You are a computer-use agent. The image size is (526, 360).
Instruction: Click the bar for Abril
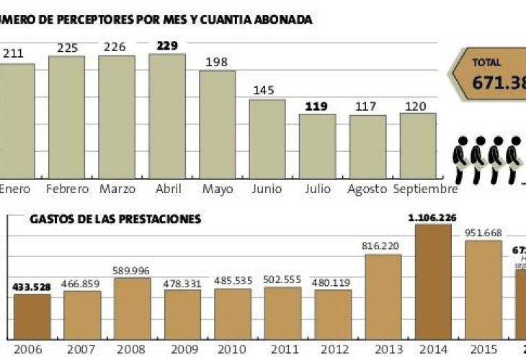[166, 116]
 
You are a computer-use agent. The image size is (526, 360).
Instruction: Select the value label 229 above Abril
[166, 46]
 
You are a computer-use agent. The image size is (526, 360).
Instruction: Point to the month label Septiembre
[426, 189]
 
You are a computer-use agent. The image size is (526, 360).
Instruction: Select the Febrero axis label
[66, 189]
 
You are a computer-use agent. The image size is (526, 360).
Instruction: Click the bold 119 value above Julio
[316, 106]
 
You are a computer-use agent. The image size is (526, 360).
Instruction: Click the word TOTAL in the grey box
[486, 63]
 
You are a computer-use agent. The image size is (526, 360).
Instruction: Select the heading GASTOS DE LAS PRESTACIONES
[115, 219]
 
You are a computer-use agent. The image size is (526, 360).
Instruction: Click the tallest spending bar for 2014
[433, 281]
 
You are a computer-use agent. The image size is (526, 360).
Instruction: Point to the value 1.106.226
[433, 217]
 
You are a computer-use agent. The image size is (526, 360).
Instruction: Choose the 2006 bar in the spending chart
[32, 316]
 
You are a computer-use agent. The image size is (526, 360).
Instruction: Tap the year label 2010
[233, 349]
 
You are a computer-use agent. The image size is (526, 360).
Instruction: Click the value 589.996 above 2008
[133, 271]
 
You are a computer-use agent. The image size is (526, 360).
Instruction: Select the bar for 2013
[383, 296]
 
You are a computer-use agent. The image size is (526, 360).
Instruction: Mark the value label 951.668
[483, 233]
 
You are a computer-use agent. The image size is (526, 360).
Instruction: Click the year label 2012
[332, 349]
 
